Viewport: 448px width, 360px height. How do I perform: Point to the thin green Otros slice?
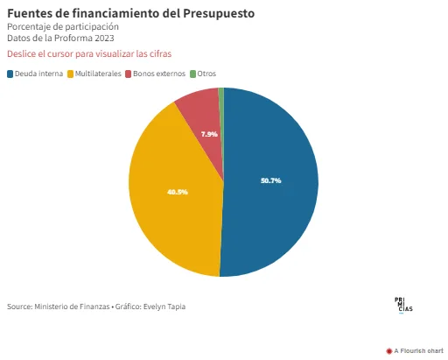221,96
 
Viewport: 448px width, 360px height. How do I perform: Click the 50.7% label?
271,180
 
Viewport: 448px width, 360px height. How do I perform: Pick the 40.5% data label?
178,192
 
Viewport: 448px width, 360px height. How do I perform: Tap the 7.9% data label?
209,134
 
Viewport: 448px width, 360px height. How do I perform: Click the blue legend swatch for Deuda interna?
10,74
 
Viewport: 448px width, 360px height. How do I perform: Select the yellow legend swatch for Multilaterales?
70,74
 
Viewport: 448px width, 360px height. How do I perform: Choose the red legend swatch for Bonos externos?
129,74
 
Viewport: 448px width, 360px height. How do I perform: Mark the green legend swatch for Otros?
192,74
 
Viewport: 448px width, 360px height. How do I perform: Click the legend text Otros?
206,74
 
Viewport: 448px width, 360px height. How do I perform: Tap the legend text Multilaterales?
98,74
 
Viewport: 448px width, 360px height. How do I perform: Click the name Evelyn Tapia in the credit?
164,307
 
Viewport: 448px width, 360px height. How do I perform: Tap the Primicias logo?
403,305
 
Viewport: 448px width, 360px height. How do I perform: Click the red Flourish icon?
388,351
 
